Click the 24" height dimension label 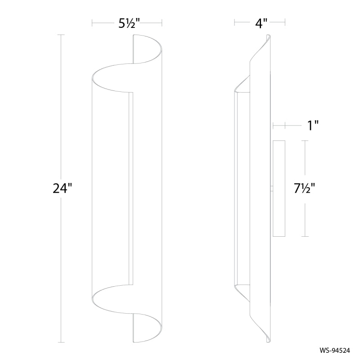click(63, 189)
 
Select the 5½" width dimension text click(129, 23)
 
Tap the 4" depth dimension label click(261, 23)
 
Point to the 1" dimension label click(313, 126)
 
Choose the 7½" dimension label click(304, 189)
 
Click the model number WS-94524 click(335, 351)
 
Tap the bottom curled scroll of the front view click(127, 314)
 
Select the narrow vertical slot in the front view click(131, 189)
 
